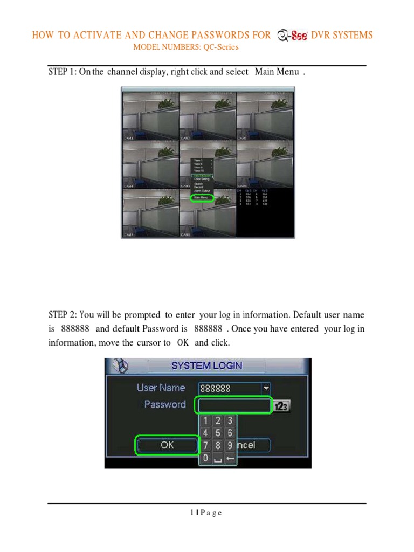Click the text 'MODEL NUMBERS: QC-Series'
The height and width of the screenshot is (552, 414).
[186, 47]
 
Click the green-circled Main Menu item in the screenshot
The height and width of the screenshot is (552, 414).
[202, 198]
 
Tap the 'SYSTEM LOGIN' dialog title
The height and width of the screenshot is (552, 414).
[206, 365]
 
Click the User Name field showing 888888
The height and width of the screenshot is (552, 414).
[229, 388]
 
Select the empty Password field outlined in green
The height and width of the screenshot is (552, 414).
[234, 405]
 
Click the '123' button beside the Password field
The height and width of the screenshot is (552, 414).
[282, 406]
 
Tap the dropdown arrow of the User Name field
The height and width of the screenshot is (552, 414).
[265, 388]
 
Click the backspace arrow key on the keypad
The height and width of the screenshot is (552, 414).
[230, 459]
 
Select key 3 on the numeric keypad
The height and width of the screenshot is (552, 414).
[230, 420]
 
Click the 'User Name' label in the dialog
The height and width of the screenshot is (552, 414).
[161, 388]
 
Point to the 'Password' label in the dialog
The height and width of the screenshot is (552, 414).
[164, 404]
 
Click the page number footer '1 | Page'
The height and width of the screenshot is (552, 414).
[206, 513]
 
